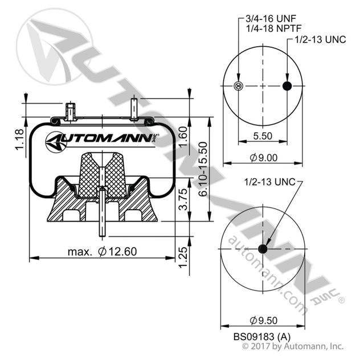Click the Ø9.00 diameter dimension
pos(263,158)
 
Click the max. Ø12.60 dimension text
pos(101,251)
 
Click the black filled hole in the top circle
pos(287,86)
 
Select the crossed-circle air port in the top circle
pos(239,86)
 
